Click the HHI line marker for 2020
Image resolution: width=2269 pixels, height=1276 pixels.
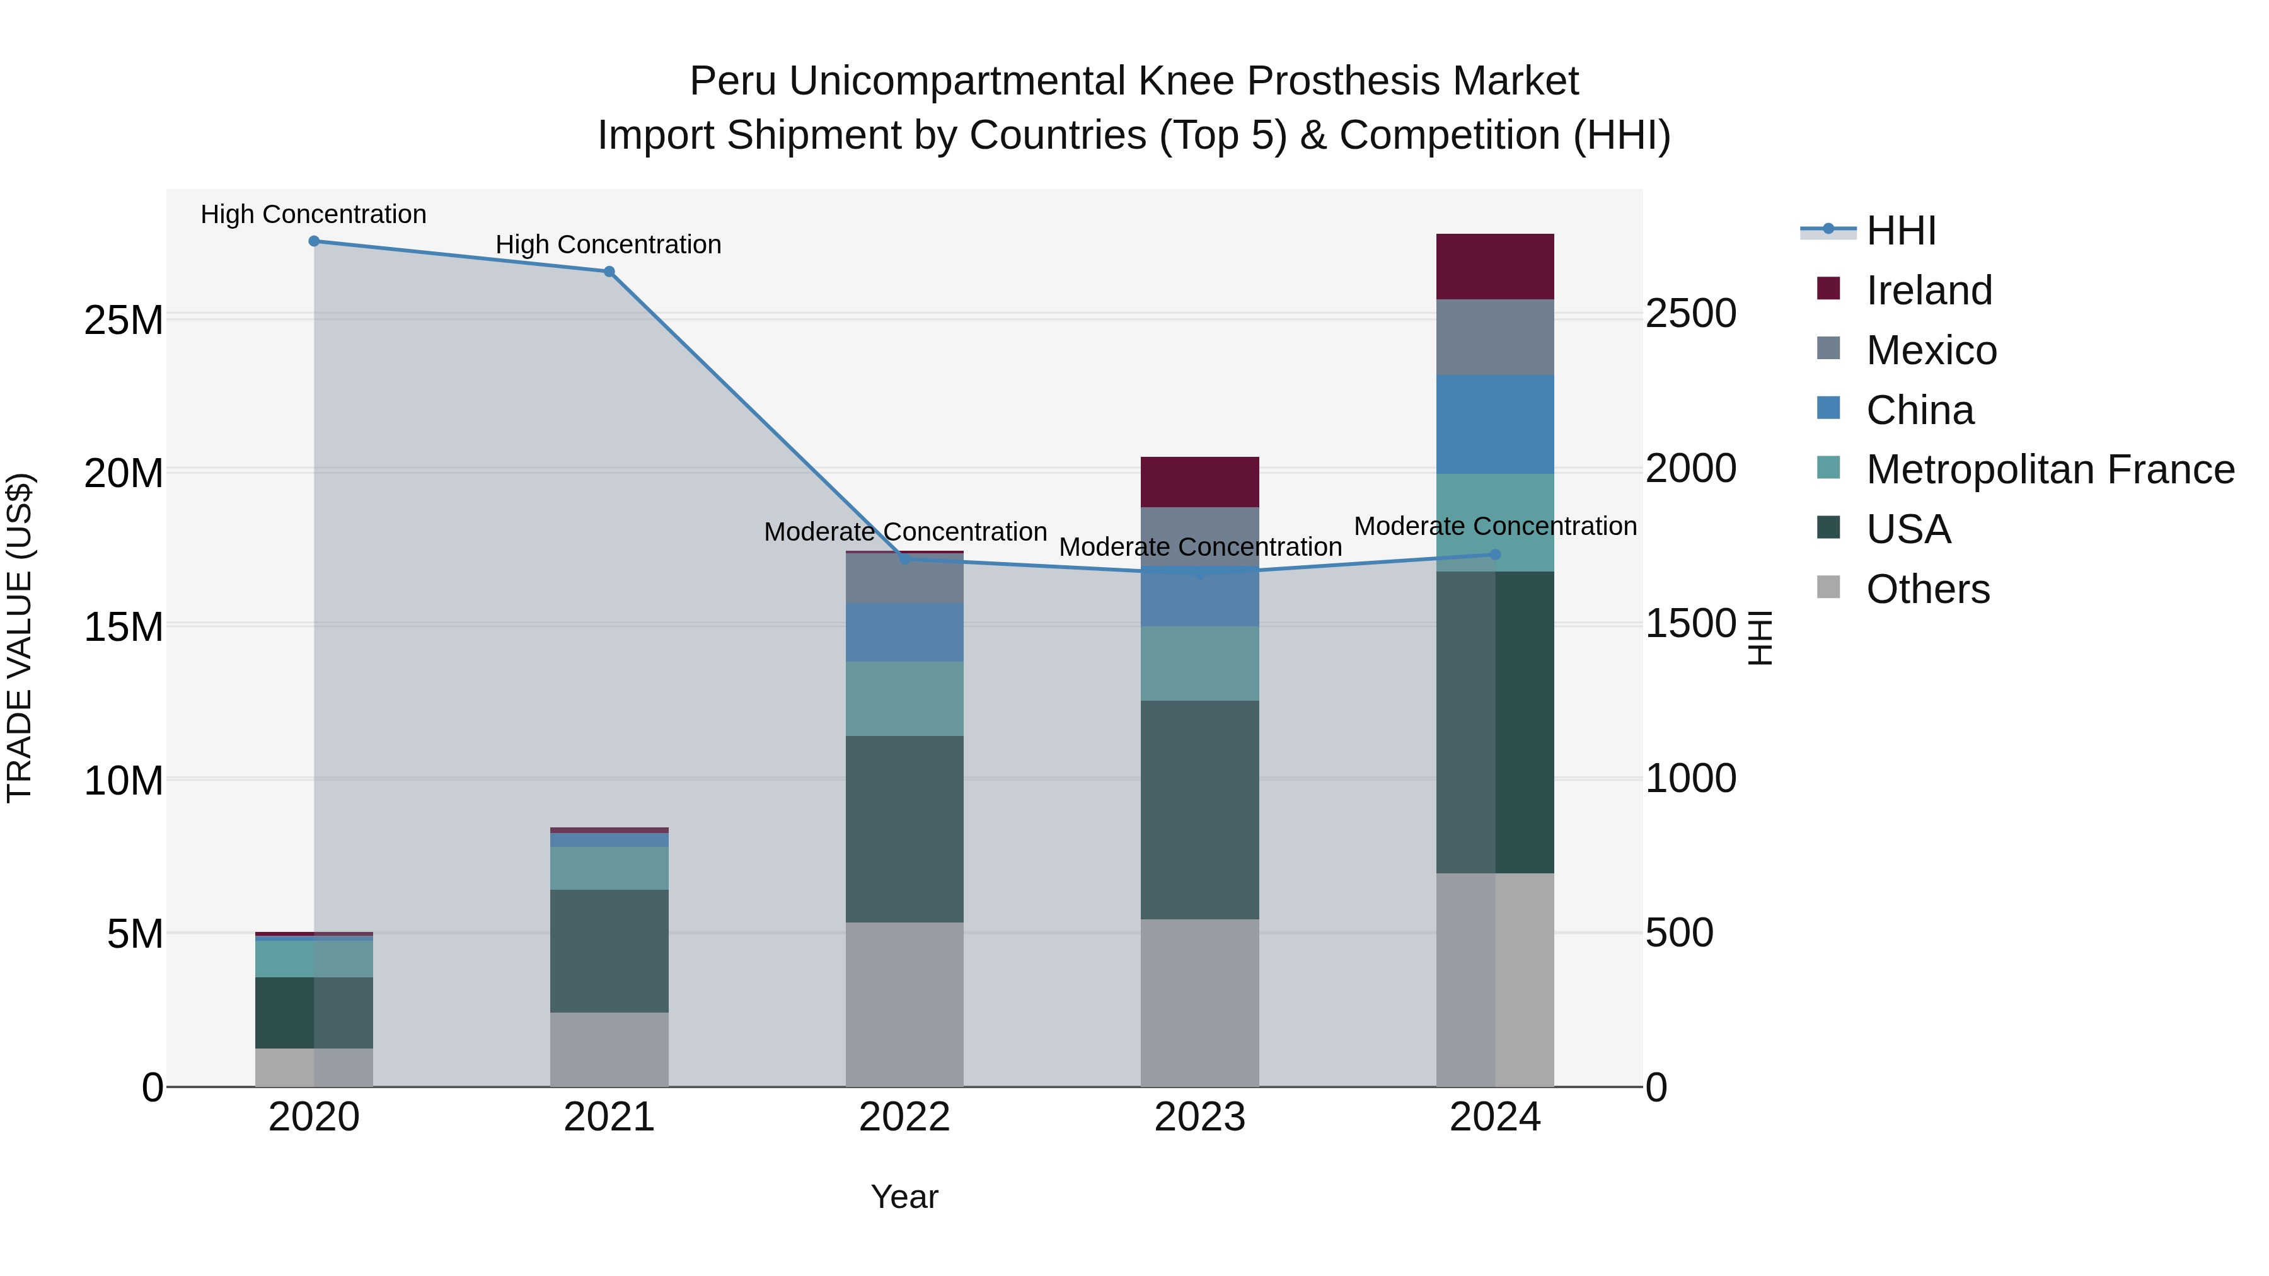pyautogui.click(x=314, y=241)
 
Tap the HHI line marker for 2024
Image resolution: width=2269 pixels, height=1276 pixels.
pyautogui.click(x=1495, y=555)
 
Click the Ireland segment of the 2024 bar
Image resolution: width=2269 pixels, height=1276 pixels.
pyautogui.click(x=1495, y=267)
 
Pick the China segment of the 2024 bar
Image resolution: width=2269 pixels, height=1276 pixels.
pyautogui.click(x=1495, y=425)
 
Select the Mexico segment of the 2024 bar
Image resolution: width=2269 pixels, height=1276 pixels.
pyautogui.click(x=1495, y=337)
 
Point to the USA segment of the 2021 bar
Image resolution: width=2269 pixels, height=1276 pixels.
pyautogui.click(x=609, y=951)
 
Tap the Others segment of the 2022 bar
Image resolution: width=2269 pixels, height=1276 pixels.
pyautogui.click(x=904, y=1004)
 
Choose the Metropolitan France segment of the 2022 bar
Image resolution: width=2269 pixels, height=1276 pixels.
pyautogui.click(x=904, y=698)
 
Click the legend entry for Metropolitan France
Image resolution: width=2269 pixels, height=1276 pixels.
pyautogui.click(x=2049, y=469)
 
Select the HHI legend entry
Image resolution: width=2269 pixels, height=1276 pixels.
pyautogui.click(x=1900, y=231)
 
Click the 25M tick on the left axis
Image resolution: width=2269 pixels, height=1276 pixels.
pyautogui.click(x=124, y=319)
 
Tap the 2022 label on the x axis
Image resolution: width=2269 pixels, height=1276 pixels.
pyautogui.click(x=904, y=1117)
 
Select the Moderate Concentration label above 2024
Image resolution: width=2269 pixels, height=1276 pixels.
pyautogui.click(x=1495, y=526)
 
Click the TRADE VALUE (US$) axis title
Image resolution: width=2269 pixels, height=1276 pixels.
pyautogui.click(x=20, y=638)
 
